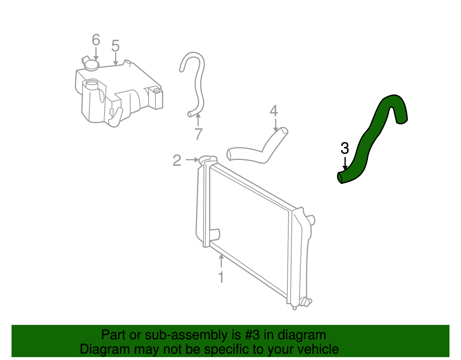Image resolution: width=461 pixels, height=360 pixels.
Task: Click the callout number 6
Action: (96, 40)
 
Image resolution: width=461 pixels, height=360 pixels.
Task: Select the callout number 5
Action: (116, 46)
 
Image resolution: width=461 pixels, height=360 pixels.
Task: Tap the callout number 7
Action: (198, 134)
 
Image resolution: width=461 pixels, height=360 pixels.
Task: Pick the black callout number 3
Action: (345, 148)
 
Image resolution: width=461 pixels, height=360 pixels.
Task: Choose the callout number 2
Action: (177, 160)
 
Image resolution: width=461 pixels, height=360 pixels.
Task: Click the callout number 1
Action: (221, 277)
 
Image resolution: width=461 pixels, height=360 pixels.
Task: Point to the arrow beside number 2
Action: (192, 159)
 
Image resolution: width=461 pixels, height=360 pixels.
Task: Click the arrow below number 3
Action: (345, 163)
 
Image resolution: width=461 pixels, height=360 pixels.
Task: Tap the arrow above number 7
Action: (198, 120)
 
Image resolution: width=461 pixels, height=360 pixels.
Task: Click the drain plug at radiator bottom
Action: (305, 302)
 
